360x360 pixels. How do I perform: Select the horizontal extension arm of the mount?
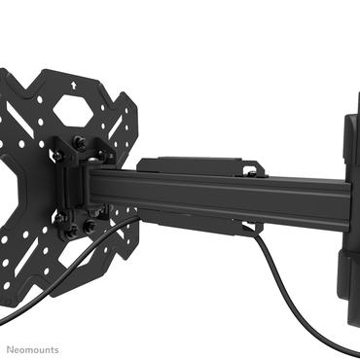coord(214,190)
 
